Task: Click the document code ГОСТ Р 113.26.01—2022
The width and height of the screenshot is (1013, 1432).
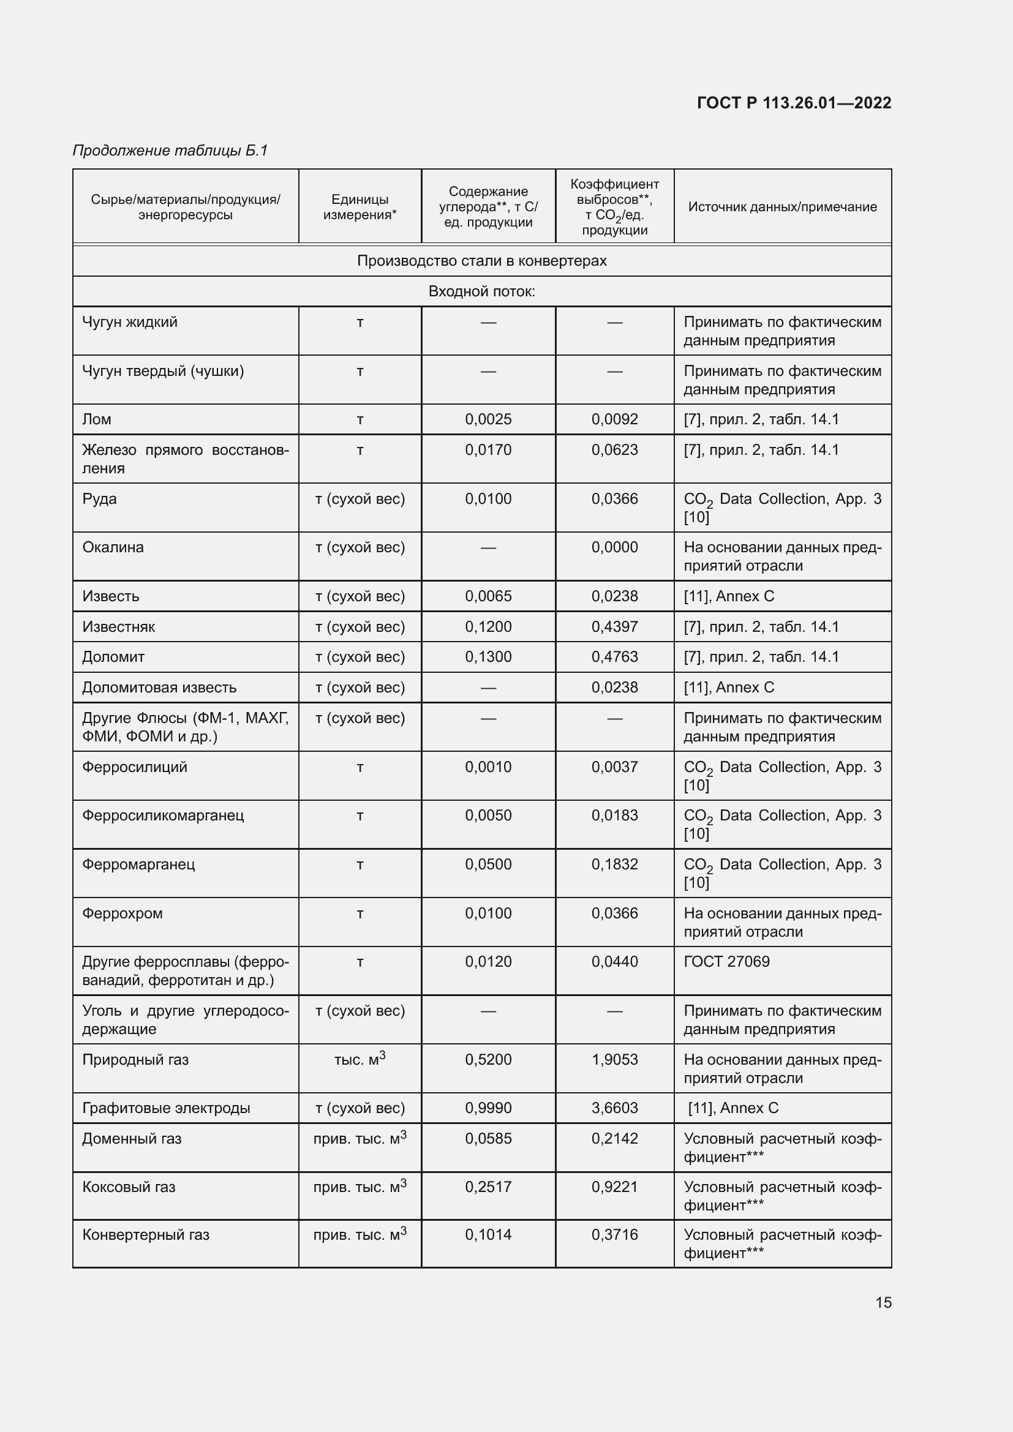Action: coord(793,103)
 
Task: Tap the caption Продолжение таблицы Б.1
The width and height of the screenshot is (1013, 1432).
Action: coord(170,151)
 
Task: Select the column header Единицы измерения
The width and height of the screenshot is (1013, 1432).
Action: coord(360,207)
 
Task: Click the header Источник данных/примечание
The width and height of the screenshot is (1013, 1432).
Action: coord(782,206)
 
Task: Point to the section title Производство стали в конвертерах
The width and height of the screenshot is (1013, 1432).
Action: coord(481,261)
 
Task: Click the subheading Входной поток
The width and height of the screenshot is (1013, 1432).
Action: coord(481,291)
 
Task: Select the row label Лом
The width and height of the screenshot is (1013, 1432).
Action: coord(97,419)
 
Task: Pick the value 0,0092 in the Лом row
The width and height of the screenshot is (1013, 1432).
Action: coord(614,419)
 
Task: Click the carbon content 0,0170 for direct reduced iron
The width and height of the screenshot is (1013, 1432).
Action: coord(488,450)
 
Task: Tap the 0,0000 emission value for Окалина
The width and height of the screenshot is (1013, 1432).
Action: coord(614,547)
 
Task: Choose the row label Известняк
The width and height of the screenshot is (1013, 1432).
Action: coord(119,626)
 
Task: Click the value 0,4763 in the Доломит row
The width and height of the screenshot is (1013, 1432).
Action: coord(614,657)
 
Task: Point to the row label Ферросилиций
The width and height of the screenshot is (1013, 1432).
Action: coord(135,767)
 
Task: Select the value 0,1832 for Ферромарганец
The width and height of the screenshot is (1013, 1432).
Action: coord(614,864)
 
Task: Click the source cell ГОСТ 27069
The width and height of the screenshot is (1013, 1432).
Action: coord(727,961)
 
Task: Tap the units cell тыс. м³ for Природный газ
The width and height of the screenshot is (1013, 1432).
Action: coord(360,1059)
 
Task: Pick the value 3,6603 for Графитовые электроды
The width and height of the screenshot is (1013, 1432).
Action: coord(614,1108)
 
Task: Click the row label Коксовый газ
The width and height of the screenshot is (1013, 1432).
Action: coord(129,1186)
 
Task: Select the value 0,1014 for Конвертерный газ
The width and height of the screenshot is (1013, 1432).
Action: coord(488,1234)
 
